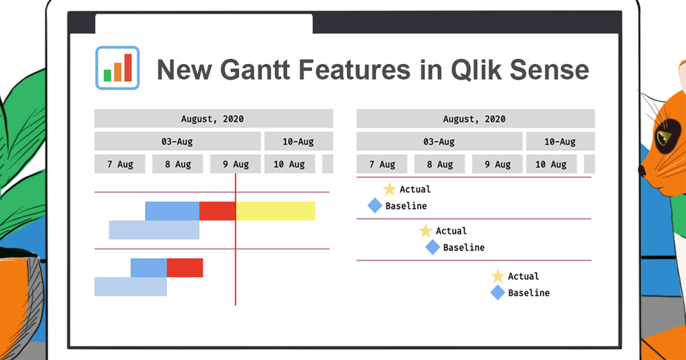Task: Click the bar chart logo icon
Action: pyautogui.click(x=118, y=68)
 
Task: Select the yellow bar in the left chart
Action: pyautogui.click(x=276, y=211)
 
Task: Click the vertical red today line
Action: pyautogui.click(x=235, y=239)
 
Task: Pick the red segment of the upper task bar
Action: pyautogui.click(x=217, y=211)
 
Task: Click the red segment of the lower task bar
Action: pyautogui.click(x=185, y=268)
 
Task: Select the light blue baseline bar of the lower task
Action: pyautogui.click(x=131, y=286)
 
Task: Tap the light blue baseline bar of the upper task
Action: pyautogui.click(x=154, y=230)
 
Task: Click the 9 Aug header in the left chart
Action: pyautogui.click(x=235, y=164)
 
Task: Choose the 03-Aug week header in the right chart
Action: pyautogui.click(x=439, y=142)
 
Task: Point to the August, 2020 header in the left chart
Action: pyautogui.click(x=214, y=119)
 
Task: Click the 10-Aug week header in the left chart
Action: pyautogui.click(x=298, y=142)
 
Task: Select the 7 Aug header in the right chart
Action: pyautogui.click(x=381, y=164)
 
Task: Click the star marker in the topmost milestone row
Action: pyautogui.click(x=389, y=190)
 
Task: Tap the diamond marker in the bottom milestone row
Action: pyautogui.click(x=498, y=293)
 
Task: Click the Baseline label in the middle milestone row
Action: pyautogui.click(x=464, y=247)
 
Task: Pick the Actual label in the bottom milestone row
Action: pyautogui.click(x=523, y=276)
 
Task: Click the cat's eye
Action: pyautogui.click(x=665, y=137)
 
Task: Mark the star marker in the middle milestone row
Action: pyautogui.click(x=425, y=231)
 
